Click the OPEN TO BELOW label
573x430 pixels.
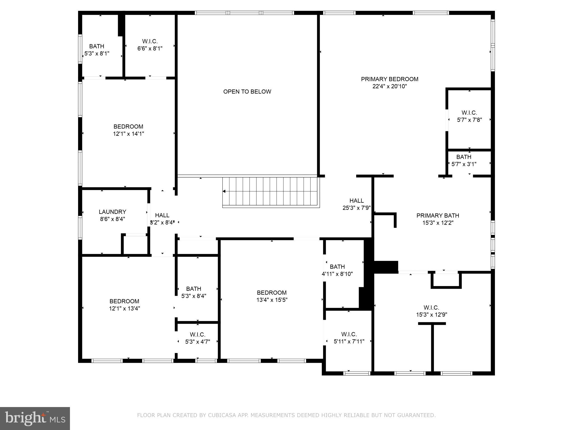(247, 92)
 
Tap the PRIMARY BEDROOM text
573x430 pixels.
(389, 79)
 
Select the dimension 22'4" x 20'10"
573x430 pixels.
(389, 87)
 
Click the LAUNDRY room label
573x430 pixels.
(112, 212)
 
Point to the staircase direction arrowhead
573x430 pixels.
(224, 191)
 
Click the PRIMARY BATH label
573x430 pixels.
(438, 216)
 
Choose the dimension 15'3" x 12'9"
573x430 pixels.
(431, 315)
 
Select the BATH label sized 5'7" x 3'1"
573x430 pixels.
(464, 157)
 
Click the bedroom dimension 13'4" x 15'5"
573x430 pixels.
(272, 300)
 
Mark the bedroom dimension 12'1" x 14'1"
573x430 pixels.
(128, 134)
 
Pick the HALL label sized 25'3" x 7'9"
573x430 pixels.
(356, 201)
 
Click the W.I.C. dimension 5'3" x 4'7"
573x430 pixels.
(198, 342)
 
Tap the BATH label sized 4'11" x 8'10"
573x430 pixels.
(337, 267)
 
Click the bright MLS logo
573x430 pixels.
(35, 418)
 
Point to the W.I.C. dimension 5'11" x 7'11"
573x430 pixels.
(349, 342)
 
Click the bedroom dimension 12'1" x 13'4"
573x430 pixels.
(125, 309)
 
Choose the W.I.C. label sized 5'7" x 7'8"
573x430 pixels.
(469, 113)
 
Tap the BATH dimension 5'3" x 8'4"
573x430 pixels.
(194, 296)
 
